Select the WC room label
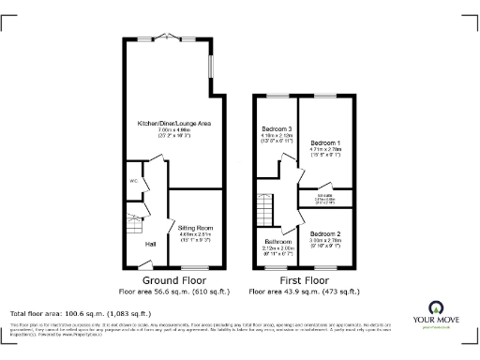tap(134, 179)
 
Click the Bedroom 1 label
tap(325, 142)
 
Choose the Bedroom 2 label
tap(325, 232)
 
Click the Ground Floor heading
tap(174, 279)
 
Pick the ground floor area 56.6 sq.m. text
tap(174, 292)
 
